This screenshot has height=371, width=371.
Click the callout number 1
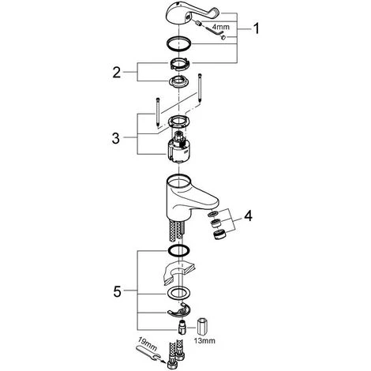point(256,28)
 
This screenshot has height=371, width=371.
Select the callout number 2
point(117,72)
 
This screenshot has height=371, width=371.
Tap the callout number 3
point(116,138)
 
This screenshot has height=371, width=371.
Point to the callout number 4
point(248,216)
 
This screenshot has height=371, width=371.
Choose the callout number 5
point(118,291)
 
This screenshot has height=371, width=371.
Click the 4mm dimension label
point(221,27)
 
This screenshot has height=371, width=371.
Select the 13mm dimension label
point(204,341)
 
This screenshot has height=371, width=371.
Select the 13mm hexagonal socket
point(202,327)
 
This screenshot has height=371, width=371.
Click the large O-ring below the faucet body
point(178,250)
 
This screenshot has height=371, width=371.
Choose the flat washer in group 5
point(178,293)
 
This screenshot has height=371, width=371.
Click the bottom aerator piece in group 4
point(219,234)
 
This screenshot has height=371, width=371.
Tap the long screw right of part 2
point(200,89)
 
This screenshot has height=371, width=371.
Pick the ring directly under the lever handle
point(178,43)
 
